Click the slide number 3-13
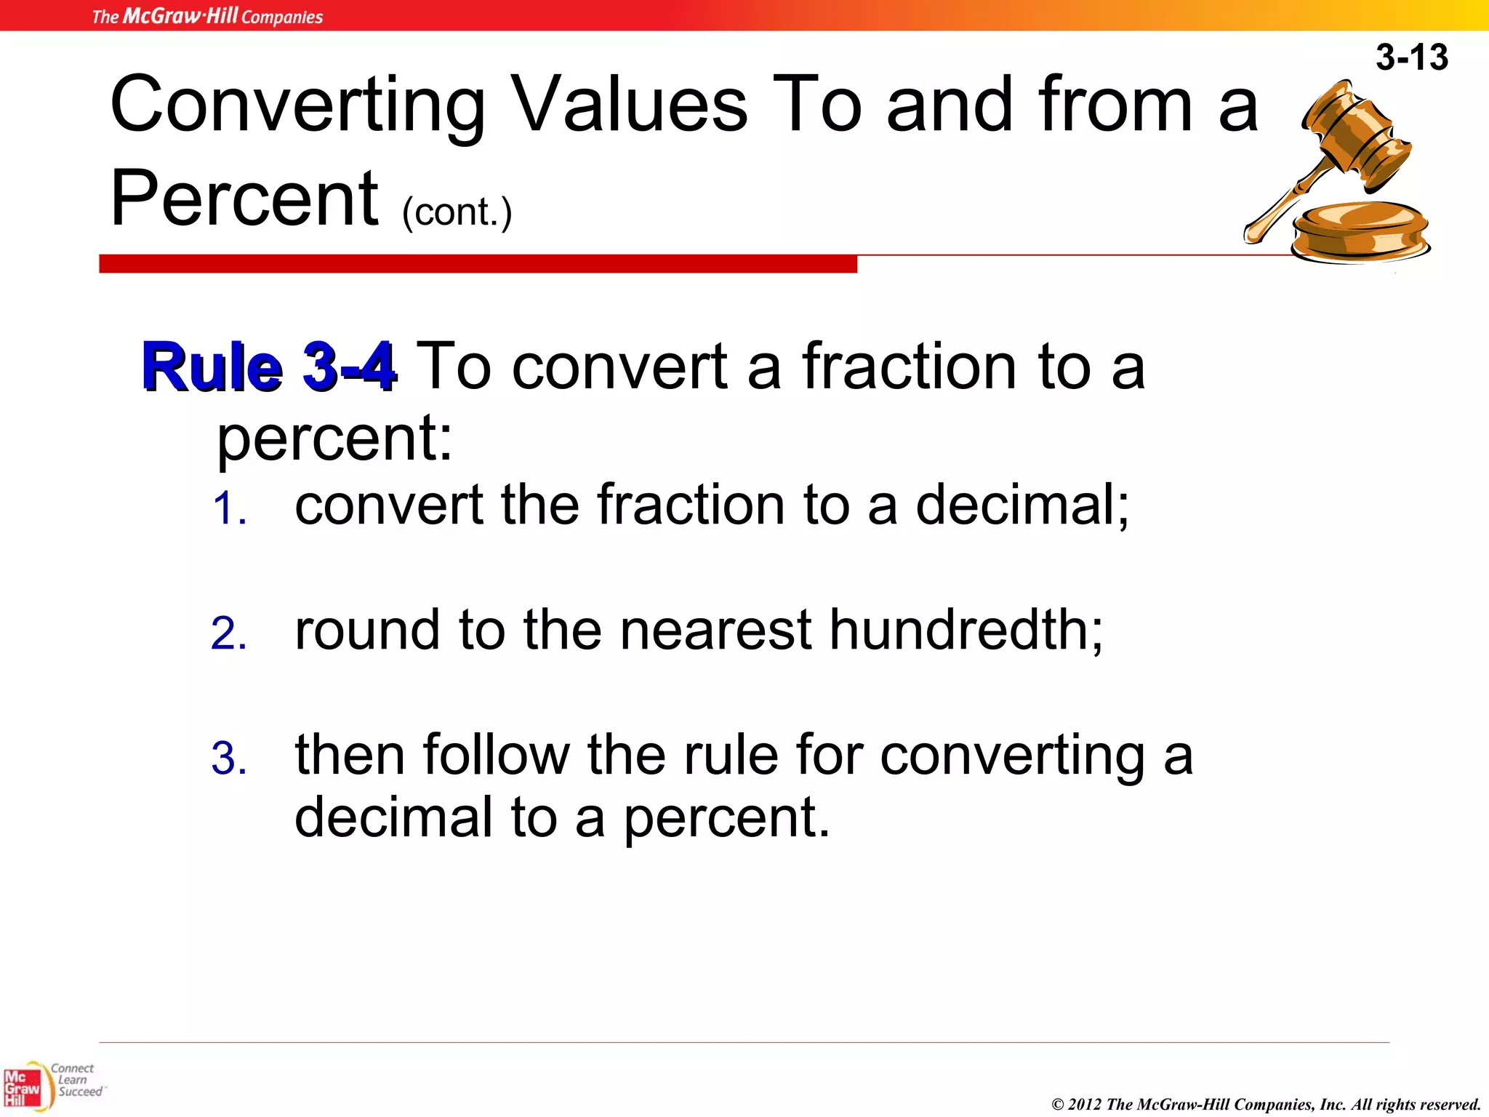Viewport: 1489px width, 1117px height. point(1411,57)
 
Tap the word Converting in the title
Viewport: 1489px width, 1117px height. point(297,106)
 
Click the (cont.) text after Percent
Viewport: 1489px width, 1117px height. point(457,212)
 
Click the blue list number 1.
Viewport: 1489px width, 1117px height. point(229,508)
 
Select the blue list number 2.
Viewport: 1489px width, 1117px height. point(229,633)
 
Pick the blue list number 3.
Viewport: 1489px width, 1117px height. point(229,758)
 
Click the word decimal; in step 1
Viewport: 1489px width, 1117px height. point(1022,505)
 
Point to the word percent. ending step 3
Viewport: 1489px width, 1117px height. point(726,817)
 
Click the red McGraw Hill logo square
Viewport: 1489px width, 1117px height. point(22,1088)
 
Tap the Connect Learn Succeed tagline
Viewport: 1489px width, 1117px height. point(76,1080)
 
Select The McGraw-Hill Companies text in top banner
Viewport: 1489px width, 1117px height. point(207,16)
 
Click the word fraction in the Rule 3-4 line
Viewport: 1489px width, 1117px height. point(910,367)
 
